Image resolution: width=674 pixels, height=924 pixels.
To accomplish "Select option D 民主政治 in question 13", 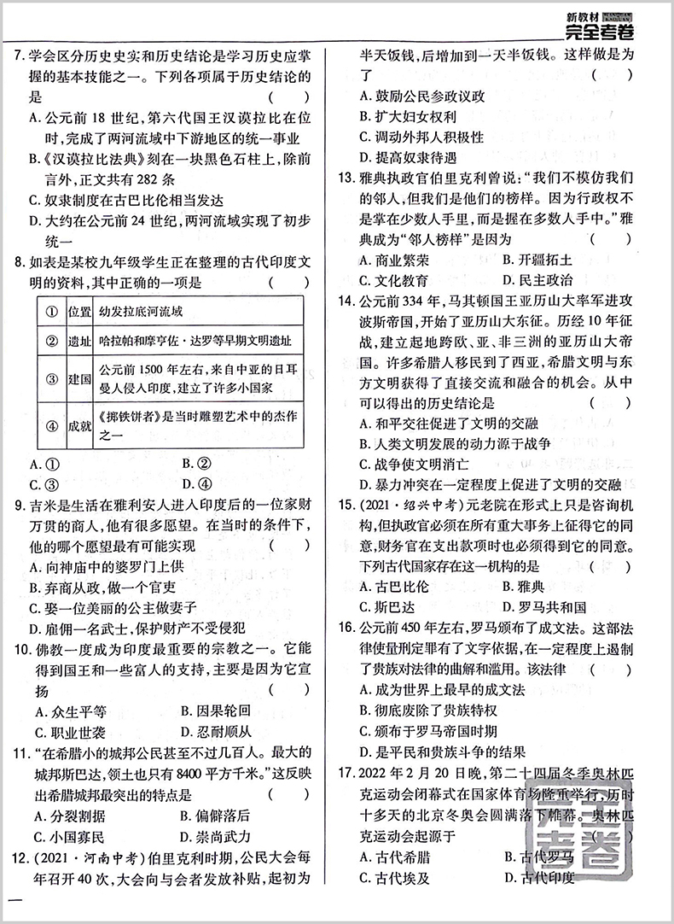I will (537, 279).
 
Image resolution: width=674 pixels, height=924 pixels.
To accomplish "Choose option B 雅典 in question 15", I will (530, 587).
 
